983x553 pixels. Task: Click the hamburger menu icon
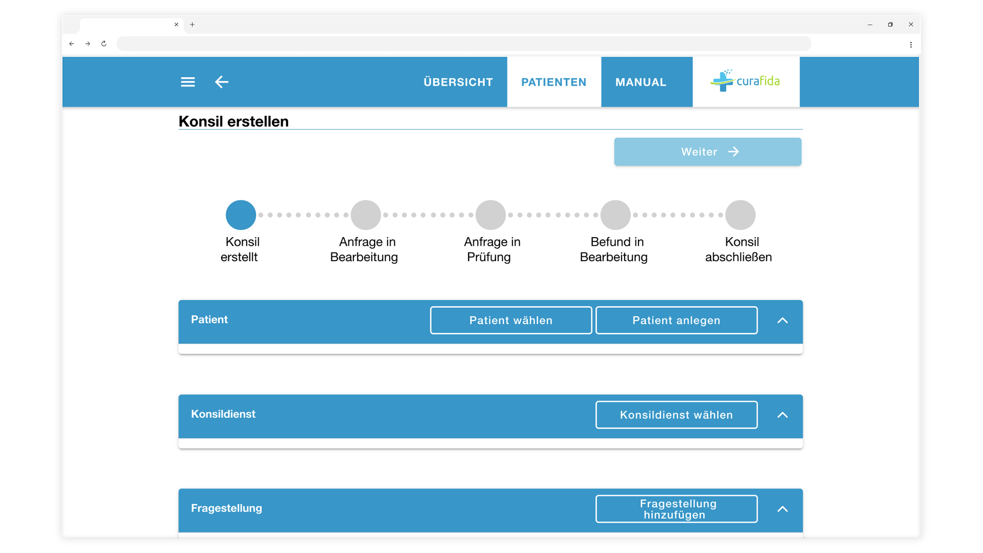pyautogui.click(x=188, y=82)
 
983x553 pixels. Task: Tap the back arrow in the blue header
pyautogui.click(x=222, y=82)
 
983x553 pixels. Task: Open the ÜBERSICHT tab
pyautogui.click(x=458, y=82)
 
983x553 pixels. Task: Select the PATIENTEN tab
pyautogui.click(x=554, y=82)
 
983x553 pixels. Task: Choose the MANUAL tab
pyautogui.click(x=641, y=82)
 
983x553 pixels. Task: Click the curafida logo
pyautogui.click(x=745, y=81)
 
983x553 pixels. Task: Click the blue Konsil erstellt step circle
pyautogui.click(x=241, y=215)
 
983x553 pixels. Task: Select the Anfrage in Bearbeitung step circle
pyautogui.click(x=366, y=215)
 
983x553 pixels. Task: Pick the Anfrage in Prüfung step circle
pyautogui.click(x=490, y=215)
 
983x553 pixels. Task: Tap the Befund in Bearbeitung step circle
pyautogui.click(x=615, y=215)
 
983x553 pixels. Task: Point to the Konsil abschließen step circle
pyautogui.click(x=740, y=215)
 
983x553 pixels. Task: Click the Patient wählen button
pyautogui.click(x=511, y=321)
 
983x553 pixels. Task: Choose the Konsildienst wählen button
pyautogui.click(x=676, y=415)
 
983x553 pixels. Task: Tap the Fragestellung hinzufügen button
pyautogui.click(x=676, y=509)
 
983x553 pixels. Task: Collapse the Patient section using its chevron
pyautogui.click(x=782, y=321)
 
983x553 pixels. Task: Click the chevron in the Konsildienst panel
pyautogui.click(x=782, y=415)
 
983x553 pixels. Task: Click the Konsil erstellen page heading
pyautogui.click(x=233, y=121)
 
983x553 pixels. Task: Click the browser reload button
pyautogui.click(x=104, y=44)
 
